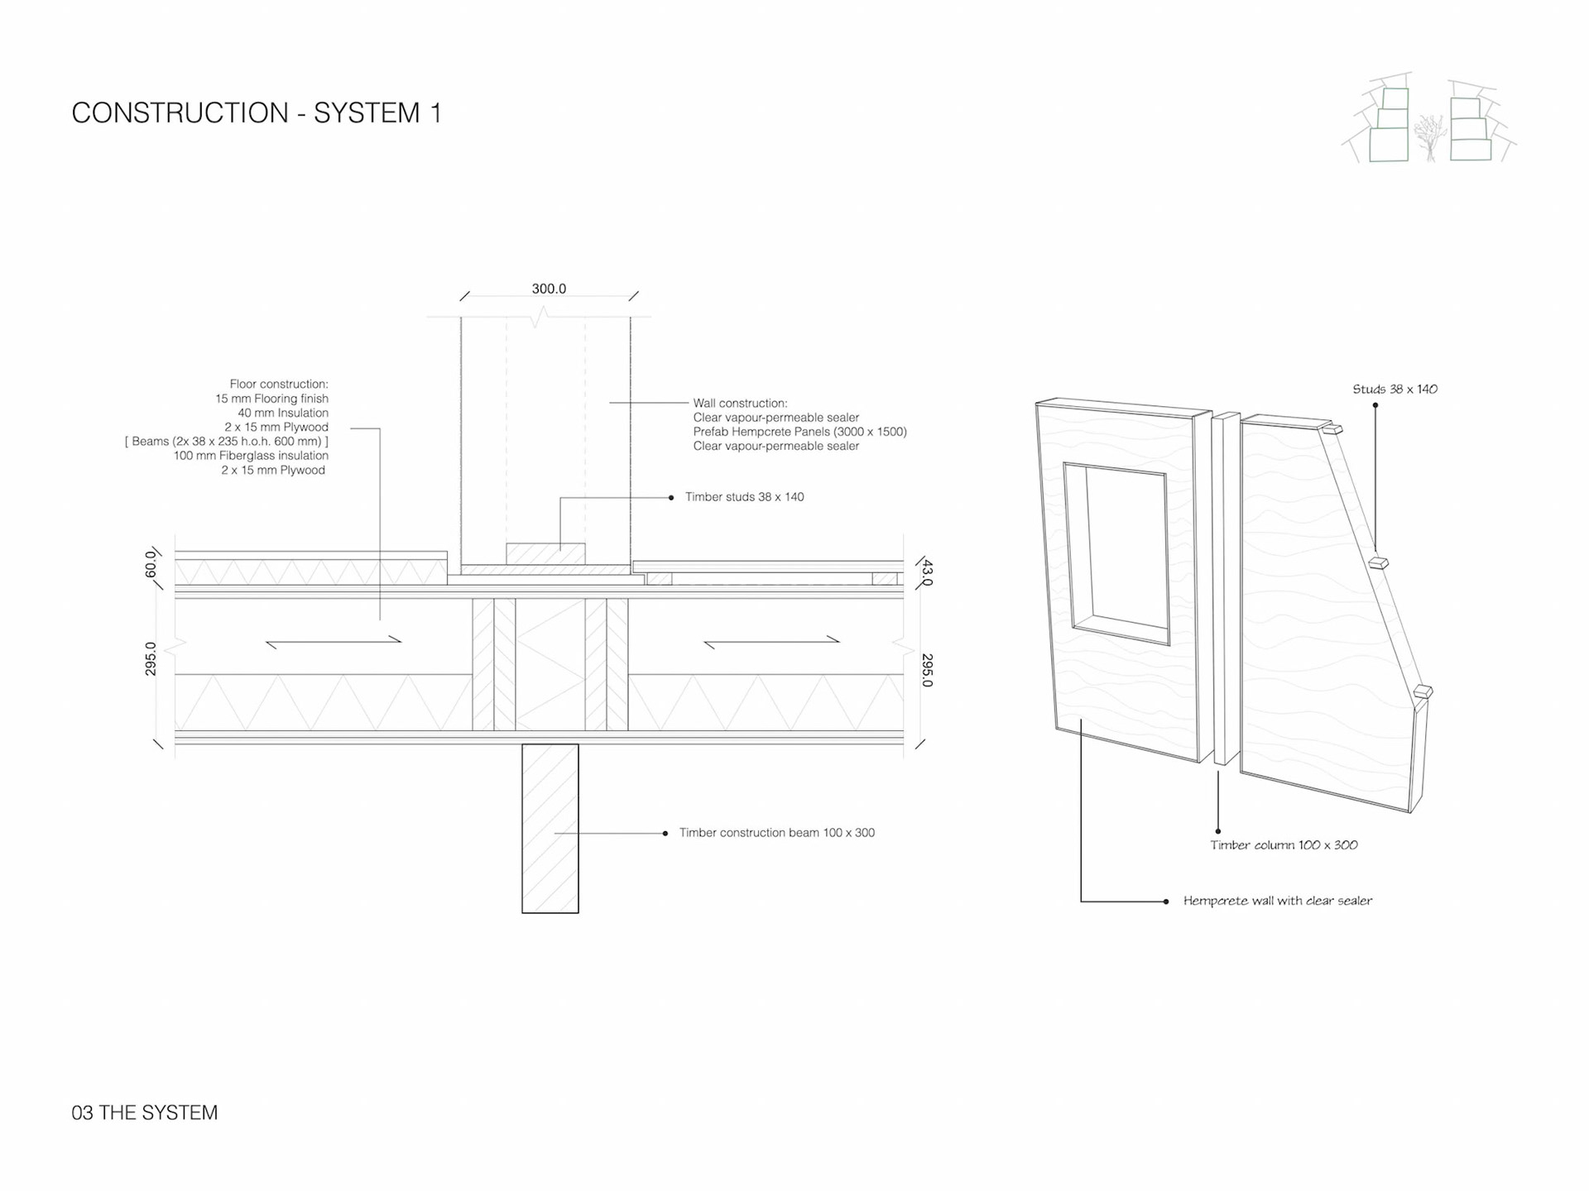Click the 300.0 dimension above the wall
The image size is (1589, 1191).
[x=549, y=289]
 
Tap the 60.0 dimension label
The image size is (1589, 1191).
[x=151, y=564]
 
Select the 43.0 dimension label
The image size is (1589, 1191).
[x=927, y=572]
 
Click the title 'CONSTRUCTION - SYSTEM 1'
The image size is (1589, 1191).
[x=257, y=112]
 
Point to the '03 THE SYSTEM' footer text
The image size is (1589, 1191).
[x=145, y=1112]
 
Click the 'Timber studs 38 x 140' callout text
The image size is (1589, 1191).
[x=744, y=497]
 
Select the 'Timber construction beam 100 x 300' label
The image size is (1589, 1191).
[x=776, y=833]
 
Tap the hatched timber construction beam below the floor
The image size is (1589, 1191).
[x=550, y=828]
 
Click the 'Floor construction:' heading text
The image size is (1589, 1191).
[x=279, y=384]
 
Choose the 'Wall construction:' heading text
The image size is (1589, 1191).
[x=740, y=403]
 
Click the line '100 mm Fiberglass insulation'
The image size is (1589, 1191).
[x=251, y=456]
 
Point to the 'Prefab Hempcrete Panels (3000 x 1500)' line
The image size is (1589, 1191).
[x=799, y=432]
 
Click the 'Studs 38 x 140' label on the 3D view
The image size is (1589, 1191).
[x=1395, y=389]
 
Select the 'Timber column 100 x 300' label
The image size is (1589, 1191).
[x=1284, y=844]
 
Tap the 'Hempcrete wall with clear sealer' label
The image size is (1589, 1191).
[x=1277, y=901]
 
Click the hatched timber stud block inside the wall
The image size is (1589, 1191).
[x=545, y=553]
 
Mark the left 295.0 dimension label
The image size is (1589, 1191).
[x=151, y=658]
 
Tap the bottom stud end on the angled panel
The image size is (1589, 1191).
[x=1423, y=691]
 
